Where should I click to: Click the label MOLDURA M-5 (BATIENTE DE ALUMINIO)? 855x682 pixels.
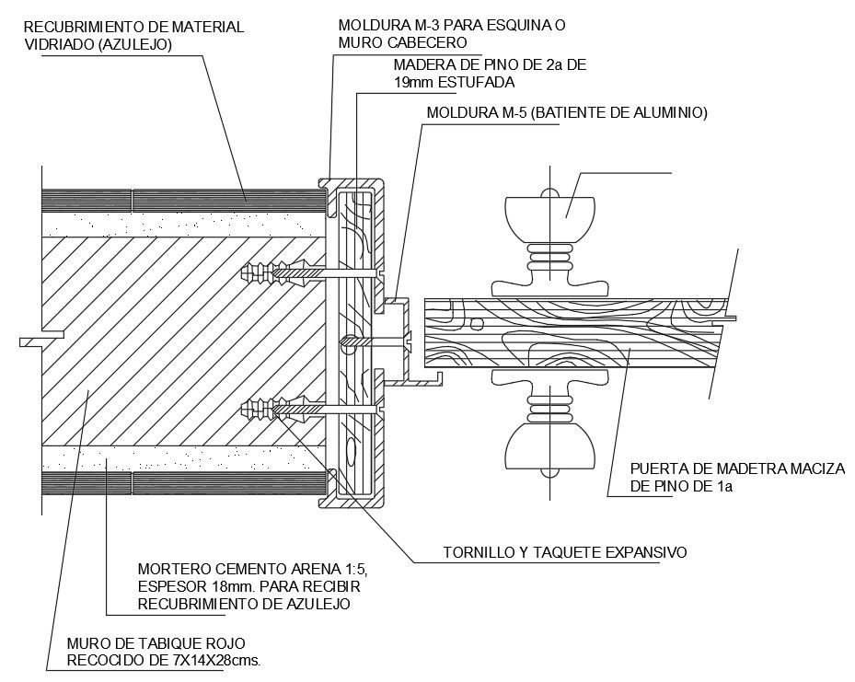click(x=566, y=113)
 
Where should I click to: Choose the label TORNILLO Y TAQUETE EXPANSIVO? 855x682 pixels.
click(x=565, y=553)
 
